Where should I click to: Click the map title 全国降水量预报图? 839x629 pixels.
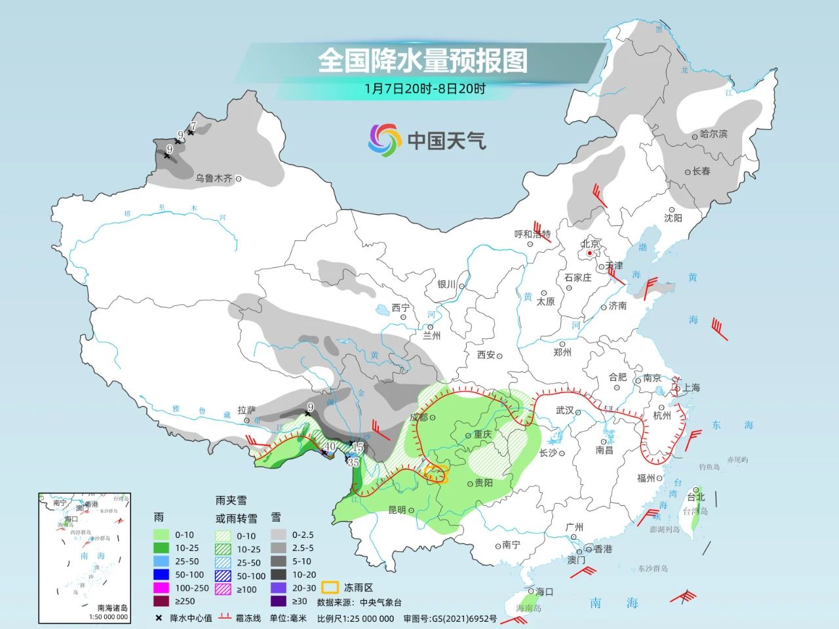[x=423, y=61]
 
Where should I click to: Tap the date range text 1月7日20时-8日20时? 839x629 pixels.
[x=425, y=89]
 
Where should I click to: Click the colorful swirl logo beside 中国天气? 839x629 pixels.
[x=384, y=140]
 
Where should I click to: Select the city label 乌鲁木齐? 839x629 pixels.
[x=214, y=178]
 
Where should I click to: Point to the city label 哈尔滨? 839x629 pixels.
[x=714, y=134]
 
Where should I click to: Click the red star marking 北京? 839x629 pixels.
[x=590, y=253]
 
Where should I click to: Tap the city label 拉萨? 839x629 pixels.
[x=246, y=410]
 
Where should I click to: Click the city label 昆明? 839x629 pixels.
[x=397, y=510]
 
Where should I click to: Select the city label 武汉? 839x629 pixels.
[x=564, y=411]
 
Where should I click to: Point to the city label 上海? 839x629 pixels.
[x=691, y=388]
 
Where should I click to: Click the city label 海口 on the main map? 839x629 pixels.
[x=545, y=592]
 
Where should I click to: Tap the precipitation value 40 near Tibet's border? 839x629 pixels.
[x=330, y=446]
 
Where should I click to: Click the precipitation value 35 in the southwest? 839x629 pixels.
[x=353, y=462]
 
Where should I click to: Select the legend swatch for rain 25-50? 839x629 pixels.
[x=161, y=562]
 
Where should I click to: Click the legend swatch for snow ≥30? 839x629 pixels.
[x=279, y=601]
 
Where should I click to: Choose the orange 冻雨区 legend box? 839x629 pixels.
[x=329, y=588]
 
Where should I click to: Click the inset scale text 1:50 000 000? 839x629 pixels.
[x=107, y=617]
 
